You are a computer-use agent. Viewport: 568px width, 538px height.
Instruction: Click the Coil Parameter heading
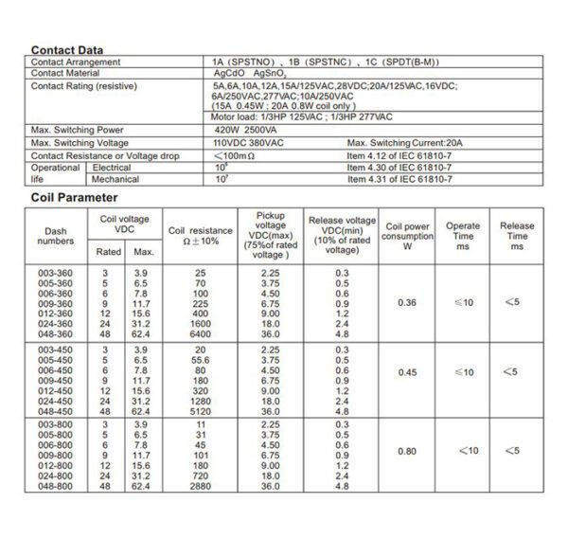(75, 198)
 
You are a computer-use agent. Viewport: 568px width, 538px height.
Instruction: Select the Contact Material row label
(67, 72)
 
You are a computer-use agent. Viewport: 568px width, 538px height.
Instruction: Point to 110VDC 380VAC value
(249, 142)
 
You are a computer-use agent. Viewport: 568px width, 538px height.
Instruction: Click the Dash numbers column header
(57, 235)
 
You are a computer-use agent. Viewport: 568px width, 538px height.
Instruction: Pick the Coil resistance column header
(200, 235)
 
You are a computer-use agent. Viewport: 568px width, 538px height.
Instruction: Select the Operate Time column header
(463, 235)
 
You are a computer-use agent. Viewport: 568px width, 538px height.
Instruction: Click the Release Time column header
(517, 235)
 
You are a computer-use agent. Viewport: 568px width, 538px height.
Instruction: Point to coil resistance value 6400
(200, 333)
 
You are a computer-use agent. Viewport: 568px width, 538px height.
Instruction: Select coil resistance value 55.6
(200, 361)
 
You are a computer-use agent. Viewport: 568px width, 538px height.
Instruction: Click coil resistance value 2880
(200, 486)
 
